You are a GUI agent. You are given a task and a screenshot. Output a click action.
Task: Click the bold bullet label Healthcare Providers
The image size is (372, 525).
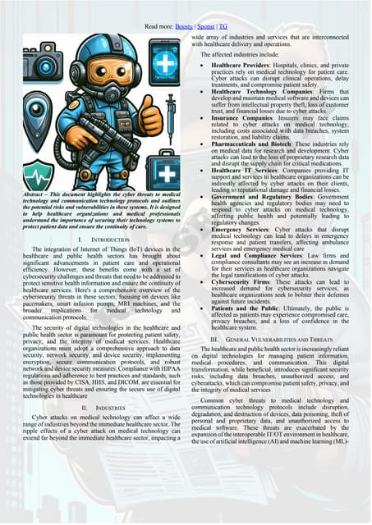point(244,64)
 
